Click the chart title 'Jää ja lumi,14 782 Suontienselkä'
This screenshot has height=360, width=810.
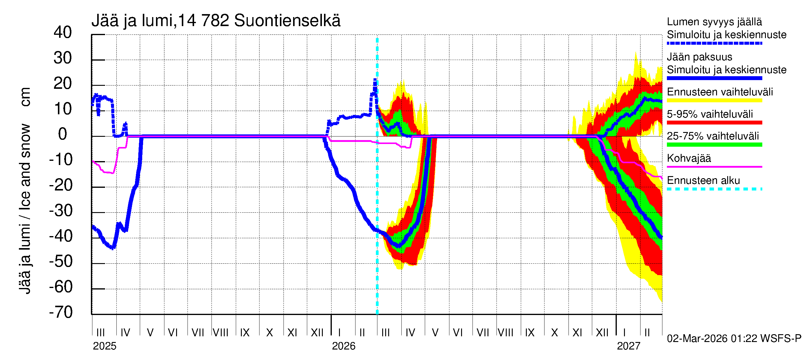pos(216,21)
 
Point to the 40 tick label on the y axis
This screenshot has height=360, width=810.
pos(63,33)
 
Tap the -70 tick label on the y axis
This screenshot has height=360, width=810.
pos(61,313)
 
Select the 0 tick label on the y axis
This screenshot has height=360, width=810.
pos(63,134)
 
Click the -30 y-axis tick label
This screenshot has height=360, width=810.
pos(61,211)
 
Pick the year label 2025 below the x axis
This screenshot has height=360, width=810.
pos(104,346)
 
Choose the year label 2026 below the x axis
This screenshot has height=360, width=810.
pos(343,346)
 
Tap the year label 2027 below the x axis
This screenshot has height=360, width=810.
pos(628,346)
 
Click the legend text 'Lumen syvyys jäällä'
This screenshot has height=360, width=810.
pos(714,22)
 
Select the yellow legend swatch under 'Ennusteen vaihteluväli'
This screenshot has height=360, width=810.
pos(714,100)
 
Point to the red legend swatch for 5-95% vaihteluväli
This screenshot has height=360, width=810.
pos(714,123)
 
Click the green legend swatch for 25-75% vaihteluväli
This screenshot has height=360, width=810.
pos(714,145)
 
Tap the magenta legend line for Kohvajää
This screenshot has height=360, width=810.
pos(714,166)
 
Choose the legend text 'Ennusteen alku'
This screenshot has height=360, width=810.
pos(703,181)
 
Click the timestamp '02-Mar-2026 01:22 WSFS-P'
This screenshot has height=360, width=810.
pos(734,339)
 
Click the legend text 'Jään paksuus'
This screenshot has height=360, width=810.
pos(700,57)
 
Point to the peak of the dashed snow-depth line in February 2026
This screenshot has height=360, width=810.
pos(375,80)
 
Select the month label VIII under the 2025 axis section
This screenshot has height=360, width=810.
pos(220,333)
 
